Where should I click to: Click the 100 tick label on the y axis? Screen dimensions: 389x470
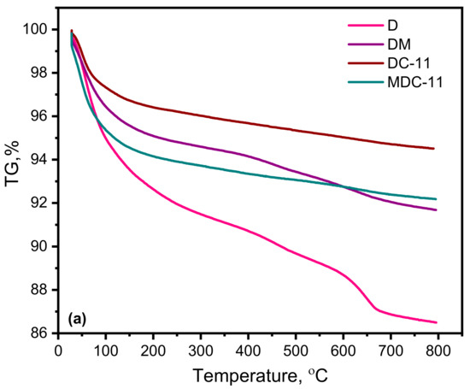click(36, 30)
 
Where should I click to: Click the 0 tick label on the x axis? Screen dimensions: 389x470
click(58, 351)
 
